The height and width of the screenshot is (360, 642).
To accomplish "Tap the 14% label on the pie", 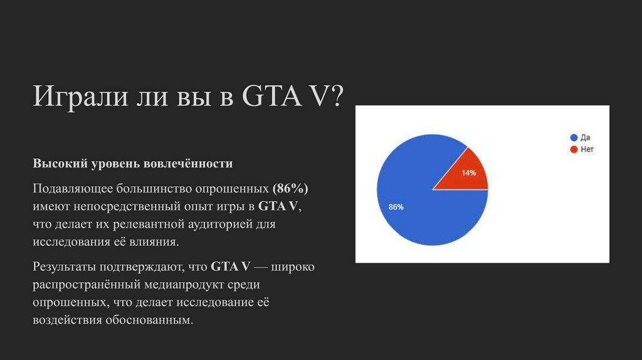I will tap(469, 173).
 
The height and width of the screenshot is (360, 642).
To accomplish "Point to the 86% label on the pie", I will tap(396, 207).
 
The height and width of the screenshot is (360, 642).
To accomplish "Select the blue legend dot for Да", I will tap(573, 137).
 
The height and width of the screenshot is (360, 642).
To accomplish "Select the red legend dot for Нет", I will tap(573, 150).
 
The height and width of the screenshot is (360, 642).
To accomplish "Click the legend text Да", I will tap(586, 137).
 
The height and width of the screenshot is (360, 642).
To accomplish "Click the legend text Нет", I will tap(587, 150).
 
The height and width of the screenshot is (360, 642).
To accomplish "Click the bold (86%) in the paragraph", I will tap(290, 188).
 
